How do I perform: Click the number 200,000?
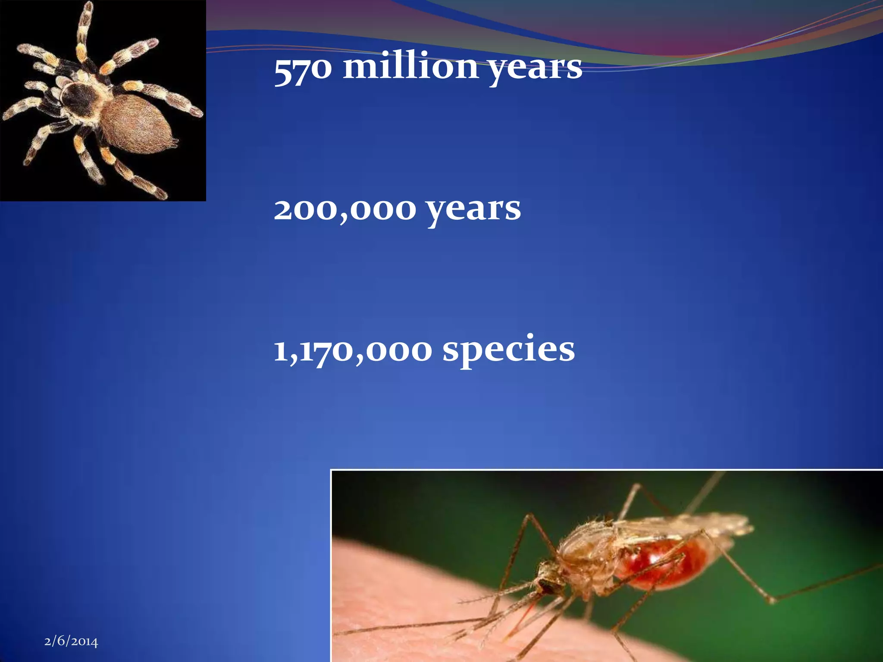345,209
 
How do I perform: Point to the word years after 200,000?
473,210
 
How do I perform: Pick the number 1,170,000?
353,350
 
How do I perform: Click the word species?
509,351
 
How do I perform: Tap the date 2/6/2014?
71,641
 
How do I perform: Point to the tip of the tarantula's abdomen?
174,141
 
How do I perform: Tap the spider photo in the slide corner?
103,100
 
